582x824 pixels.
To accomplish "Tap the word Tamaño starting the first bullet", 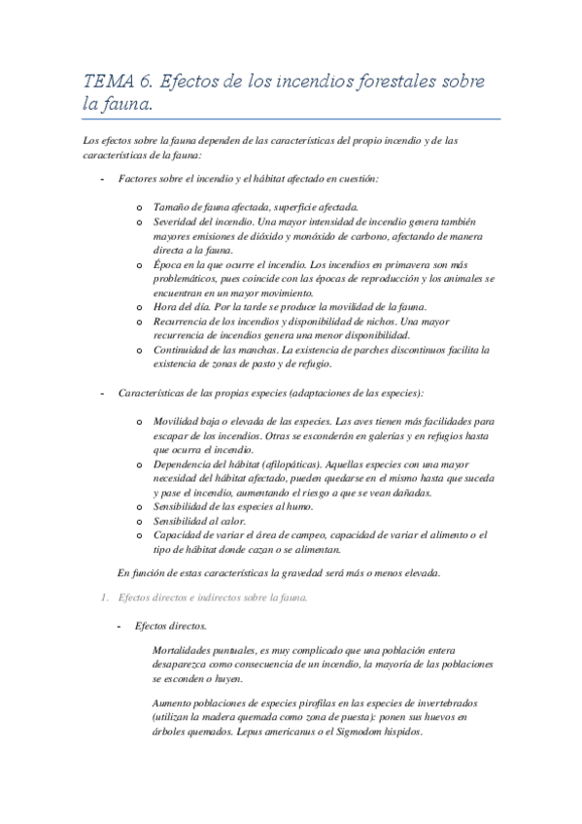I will click(x=172, y=207).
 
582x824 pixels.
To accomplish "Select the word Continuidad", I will click(x=182, y=350).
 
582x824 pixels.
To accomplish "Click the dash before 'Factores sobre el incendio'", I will click(x=102, y=179).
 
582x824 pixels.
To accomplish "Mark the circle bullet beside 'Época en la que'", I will click(x=140, y=265).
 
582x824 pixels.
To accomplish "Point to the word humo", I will click(x=316, y=507).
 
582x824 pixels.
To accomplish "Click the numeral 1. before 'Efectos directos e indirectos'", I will click(x=105, y=598).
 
